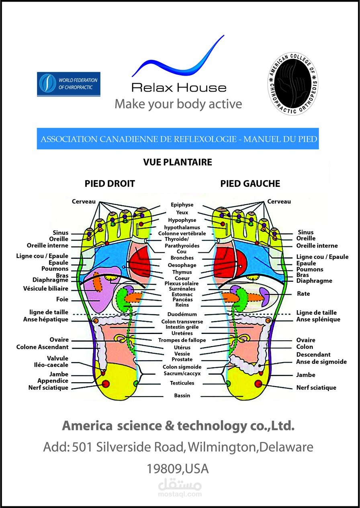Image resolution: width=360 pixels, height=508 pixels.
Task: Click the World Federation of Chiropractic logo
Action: [x=68, y=84]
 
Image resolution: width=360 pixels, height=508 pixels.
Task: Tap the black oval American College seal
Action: [x=293, y=84]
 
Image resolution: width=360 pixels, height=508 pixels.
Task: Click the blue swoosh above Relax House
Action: [x=178, y=56]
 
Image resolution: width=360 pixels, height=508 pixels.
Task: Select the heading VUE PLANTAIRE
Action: [x=178, y=162]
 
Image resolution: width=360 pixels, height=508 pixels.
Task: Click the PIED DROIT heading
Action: [x=110, y=184]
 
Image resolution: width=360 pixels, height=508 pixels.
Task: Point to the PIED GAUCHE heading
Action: [x=250, y=184]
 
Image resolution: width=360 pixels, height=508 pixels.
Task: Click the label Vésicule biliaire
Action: [x=45, y=289]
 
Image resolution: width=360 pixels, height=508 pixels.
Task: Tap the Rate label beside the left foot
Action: [x=303, y=294]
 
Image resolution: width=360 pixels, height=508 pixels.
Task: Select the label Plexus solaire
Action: [x=182, y=283]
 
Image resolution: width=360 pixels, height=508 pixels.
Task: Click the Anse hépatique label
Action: [x=45, y=320]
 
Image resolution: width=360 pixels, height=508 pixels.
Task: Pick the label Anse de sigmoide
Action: [x=321, y=362]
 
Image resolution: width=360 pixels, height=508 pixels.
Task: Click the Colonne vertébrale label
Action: [x=182, y=234]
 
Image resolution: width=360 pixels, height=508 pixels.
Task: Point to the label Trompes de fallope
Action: [x=182, y=340]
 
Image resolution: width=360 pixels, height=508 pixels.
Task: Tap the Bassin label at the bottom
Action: [x=182, y=395]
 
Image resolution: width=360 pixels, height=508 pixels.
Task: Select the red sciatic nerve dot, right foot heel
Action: [x=106, y=384]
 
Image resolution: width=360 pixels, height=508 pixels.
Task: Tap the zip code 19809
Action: [x=164, y=469]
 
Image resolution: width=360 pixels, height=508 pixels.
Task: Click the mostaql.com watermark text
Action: [x=180, y=494]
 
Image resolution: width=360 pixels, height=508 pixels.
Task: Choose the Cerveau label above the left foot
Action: [x=279, y=202]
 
